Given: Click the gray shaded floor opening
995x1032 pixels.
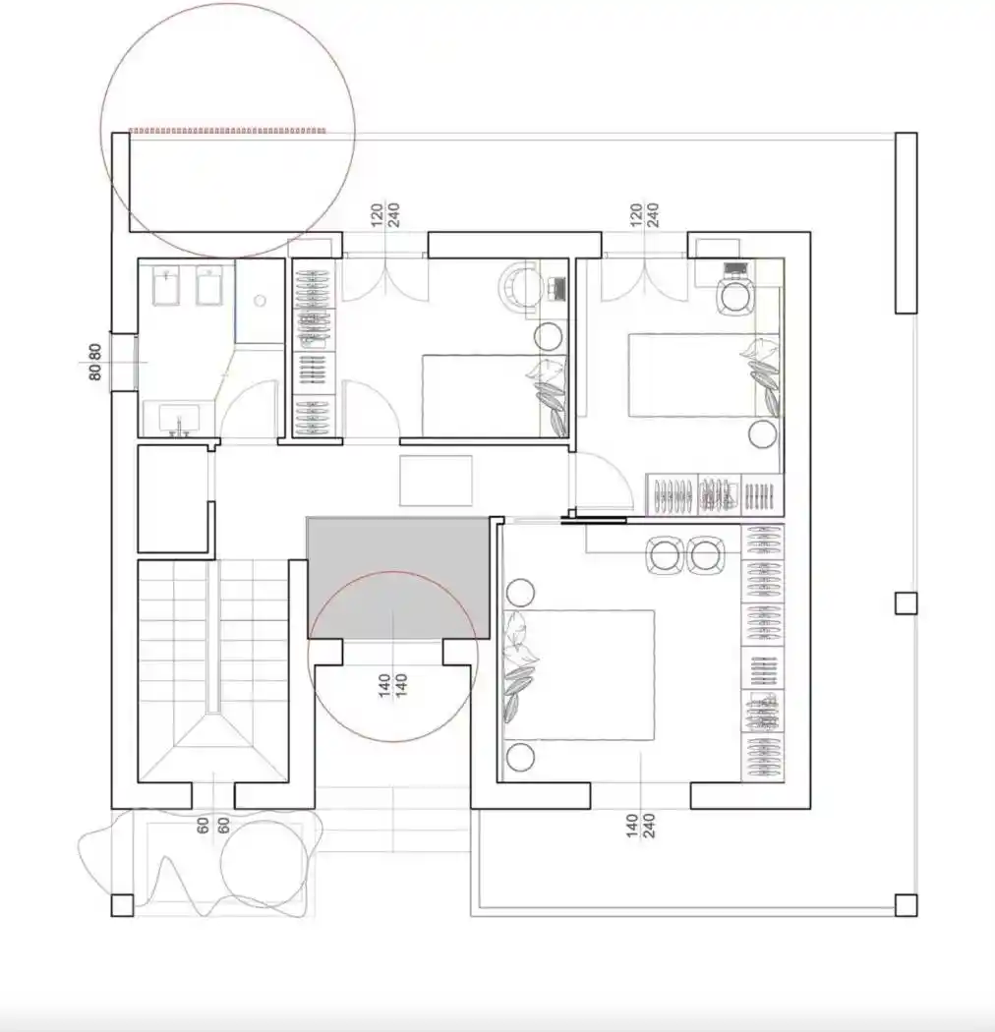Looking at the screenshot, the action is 398,577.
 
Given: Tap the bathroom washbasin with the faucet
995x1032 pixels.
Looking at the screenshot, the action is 179,420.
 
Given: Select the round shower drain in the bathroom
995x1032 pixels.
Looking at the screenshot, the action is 261,301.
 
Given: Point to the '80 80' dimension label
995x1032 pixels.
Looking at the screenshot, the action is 94,362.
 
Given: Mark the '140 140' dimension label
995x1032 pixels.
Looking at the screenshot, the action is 393,686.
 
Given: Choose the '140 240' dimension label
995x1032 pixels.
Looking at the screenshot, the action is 640,826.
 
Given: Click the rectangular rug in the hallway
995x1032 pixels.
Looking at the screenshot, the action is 436,481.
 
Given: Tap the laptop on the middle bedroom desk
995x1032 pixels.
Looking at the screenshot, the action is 557,288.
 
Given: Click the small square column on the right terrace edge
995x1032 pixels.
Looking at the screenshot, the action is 907,603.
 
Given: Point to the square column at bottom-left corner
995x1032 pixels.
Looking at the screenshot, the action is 123,905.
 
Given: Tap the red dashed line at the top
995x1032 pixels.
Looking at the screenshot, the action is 227,131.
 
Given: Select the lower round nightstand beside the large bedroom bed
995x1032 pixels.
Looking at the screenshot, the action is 520,757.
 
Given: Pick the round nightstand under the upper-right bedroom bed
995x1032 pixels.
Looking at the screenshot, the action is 763,434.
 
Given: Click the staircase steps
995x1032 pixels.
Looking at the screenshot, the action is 212,671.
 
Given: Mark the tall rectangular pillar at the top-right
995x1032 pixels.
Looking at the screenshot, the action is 907,223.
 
